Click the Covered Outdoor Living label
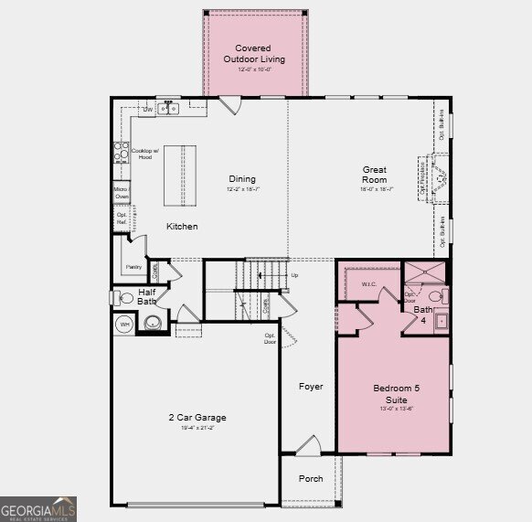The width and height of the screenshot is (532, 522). click(x=254, y=54)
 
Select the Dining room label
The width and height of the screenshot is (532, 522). click(x=242, y=179)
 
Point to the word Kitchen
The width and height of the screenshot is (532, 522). click(x=181, y=226)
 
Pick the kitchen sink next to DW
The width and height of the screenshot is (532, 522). click(x=168, y=109)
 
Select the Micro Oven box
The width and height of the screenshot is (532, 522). click(x=121, y=192)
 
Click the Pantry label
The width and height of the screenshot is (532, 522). click(x=133, y=268)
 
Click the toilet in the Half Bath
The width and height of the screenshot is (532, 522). click(x=122, y=296)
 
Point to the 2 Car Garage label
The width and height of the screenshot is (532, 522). click(x=197, y=418)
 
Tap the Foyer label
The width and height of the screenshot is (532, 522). click(x=311, y=387)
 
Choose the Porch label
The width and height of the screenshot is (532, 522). click(x=311, y=478)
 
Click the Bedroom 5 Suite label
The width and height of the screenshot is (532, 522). click(x=397, y=394)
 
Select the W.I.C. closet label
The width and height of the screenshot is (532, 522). click(x=369, y=283)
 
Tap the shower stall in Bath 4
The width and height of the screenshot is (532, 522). click(x=426, y=272)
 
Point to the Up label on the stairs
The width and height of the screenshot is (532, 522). click(x=293, y=275)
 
